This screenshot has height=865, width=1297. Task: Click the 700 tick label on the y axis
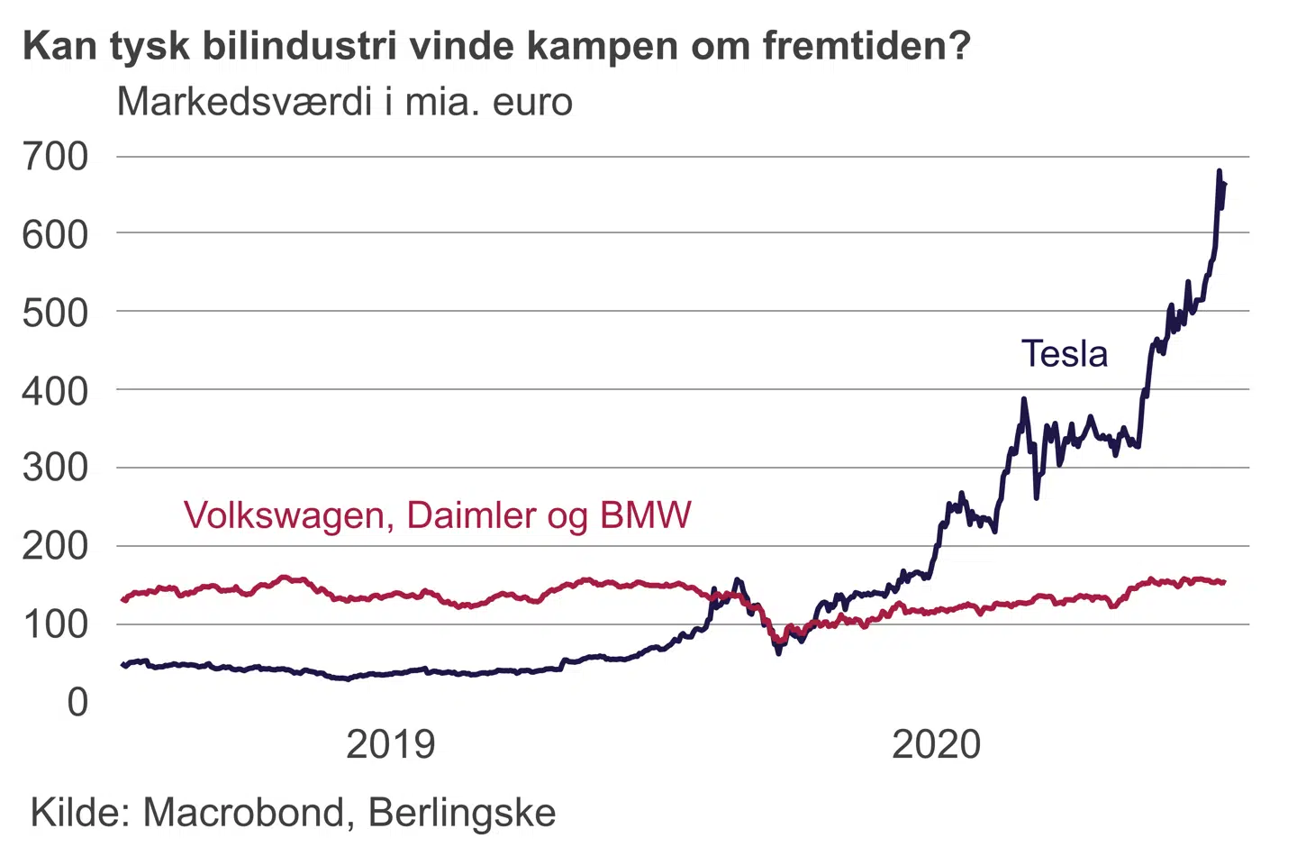(x=56, y=157)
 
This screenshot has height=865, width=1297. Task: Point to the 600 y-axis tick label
(x=56, y=235)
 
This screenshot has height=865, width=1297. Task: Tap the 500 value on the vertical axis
(x=56, y=314)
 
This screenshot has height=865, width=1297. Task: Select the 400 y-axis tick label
(x=56, y=391)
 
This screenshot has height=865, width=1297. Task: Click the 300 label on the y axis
(x=56, y=468)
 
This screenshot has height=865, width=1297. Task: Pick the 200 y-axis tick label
(x=56, y=546)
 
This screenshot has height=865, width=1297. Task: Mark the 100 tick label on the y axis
(x=56, y=624)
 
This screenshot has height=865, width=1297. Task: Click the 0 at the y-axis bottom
(x=78, y=702)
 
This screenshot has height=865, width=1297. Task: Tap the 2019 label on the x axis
(x=390, y=745)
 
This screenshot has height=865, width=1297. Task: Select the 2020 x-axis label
(x=936, y=745)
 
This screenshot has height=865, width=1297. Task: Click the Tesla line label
(x=1064, y=354)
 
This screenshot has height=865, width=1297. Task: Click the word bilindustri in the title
(x=298, y=46)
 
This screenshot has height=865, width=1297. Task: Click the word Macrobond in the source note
(x=243, y=813)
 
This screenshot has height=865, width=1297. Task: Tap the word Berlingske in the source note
(x=462, y=814)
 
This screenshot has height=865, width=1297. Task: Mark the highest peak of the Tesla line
(x=1220, y=170)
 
